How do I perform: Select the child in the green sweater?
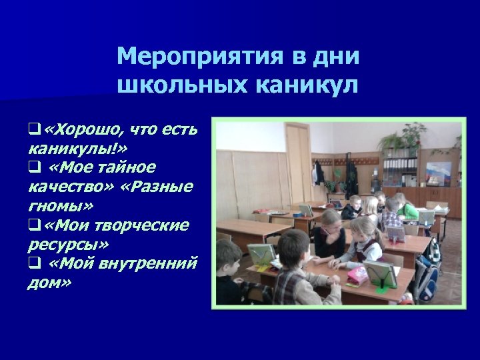407,209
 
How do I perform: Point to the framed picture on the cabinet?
438,174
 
